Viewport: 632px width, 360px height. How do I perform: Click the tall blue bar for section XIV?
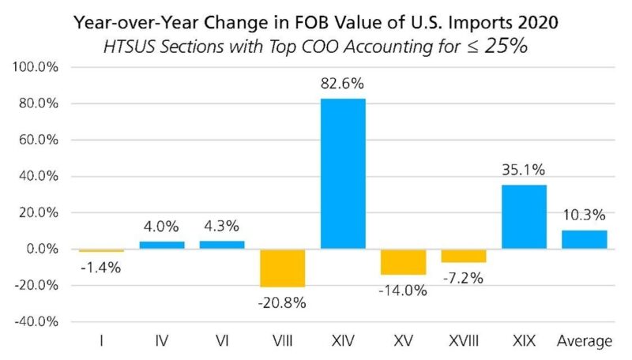343,174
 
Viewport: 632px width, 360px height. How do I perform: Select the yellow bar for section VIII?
282,268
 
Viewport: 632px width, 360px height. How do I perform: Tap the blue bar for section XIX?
525,217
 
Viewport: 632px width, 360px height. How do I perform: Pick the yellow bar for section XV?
403,262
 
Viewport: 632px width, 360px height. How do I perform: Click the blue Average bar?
585,240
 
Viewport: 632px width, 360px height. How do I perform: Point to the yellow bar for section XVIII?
464,256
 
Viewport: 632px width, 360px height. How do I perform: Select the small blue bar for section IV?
162,246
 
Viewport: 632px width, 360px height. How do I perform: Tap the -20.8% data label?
282,302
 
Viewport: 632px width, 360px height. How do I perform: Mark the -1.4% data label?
100,267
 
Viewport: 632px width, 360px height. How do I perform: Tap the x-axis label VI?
222,342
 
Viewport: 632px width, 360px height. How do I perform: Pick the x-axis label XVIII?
464,342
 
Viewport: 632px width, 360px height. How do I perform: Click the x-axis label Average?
585,342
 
